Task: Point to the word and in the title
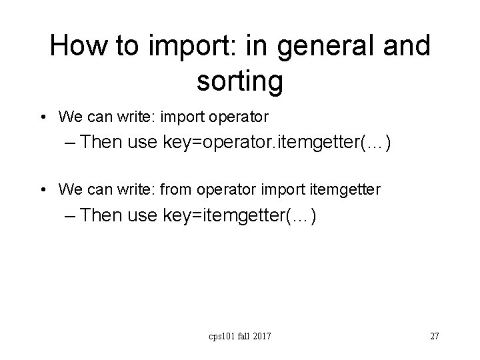[x=406, y=46]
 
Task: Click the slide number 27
[x=434, y=336]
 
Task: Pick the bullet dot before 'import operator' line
[x=43, y=118]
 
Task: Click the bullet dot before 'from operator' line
[x=43, y=191]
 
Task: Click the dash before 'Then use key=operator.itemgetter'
[x=73, y=143]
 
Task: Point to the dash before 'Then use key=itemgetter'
[x=73, y=216]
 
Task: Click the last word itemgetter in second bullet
[x=349, y=190]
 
